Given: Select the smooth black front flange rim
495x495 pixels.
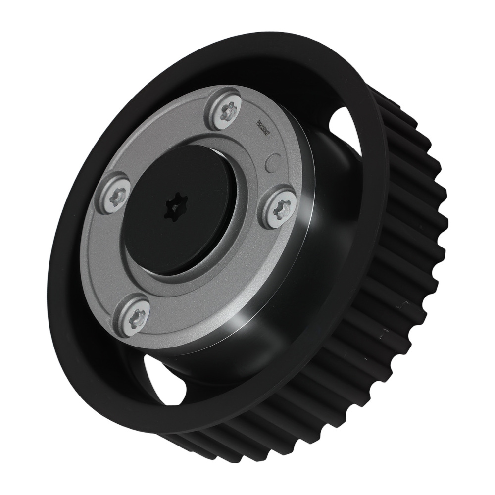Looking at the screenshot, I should click(x=74, y=297).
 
